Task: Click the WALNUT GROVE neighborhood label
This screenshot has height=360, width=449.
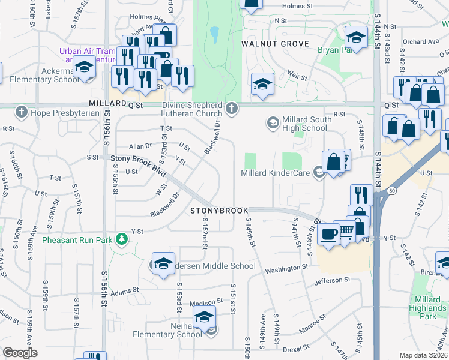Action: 275,44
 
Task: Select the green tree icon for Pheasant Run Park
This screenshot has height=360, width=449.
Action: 122,240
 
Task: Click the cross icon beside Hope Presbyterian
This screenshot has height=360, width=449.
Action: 21,112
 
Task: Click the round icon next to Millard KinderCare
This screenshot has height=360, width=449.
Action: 318,174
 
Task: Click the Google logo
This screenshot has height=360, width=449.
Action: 20,353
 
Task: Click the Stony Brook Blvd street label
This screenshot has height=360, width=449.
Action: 137,158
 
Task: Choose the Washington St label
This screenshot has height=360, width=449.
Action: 288,266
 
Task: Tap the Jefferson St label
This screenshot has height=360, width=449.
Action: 330,280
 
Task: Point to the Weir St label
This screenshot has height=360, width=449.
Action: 297,77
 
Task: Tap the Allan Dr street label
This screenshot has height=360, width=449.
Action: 140,146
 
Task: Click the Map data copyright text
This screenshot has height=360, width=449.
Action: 423,355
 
